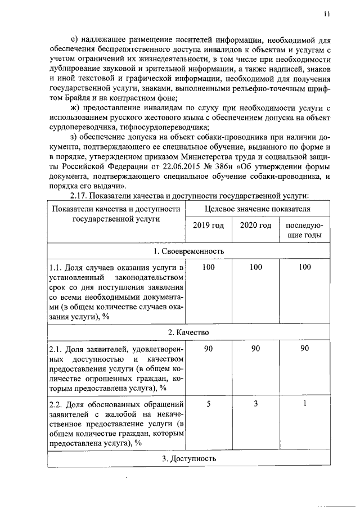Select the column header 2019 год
[209, 226]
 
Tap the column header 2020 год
[255, 226]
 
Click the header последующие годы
[304, 230]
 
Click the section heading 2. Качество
[188, 332]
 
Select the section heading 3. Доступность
[188, 458]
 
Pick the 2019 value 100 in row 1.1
[209, 267]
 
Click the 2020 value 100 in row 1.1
[255, 267]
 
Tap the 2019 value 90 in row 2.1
[209, 349]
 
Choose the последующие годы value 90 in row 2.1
[304, 349]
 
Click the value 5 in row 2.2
[209, 403]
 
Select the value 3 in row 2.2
[255, 403]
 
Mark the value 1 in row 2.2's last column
[304, 403]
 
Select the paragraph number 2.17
[79, 195]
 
